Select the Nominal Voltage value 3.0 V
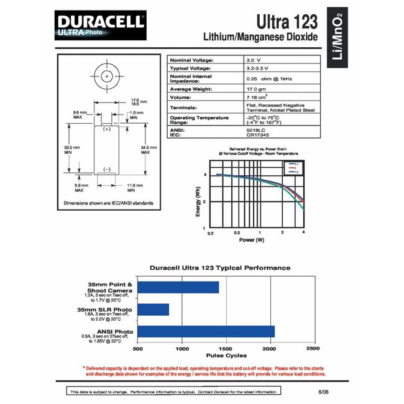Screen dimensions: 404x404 pyautogui.click(x=256, y=59)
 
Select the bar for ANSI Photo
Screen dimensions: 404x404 pyautogui.click(x=206, y=331)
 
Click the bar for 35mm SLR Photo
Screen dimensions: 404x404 pyautogui.click(x=153, y=309)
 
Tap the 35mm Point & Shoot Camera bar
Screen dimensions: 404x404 pyautogui.click(x=178, y=287)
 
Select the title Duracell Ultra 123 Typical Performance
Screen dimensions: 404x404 pyautogui.click(x=220, y=268)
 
